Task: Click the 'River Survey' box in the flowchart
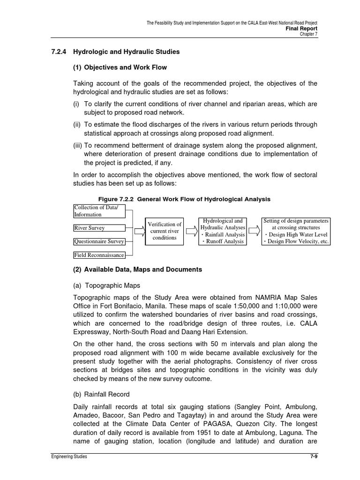99,228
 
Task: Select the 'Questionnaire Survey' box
99,242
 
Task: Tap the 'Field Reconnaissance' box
99,255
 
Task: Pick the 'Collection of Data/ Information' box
99,211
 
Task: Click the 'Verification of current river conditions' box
165,231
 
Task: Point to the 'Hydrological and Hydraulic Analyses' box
222,231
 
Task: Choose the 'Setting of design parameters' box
296,231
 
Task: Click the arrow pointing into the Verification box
140,231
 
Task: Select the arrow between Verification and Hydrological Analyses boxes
191,231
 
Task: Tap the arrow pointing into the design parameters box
254,231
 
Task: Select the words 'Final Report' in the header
302,28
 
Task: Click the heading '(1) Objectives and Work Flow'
120,67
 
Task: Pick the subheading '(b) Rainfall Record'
101,394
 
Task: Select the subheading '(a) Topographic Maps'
106,285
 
